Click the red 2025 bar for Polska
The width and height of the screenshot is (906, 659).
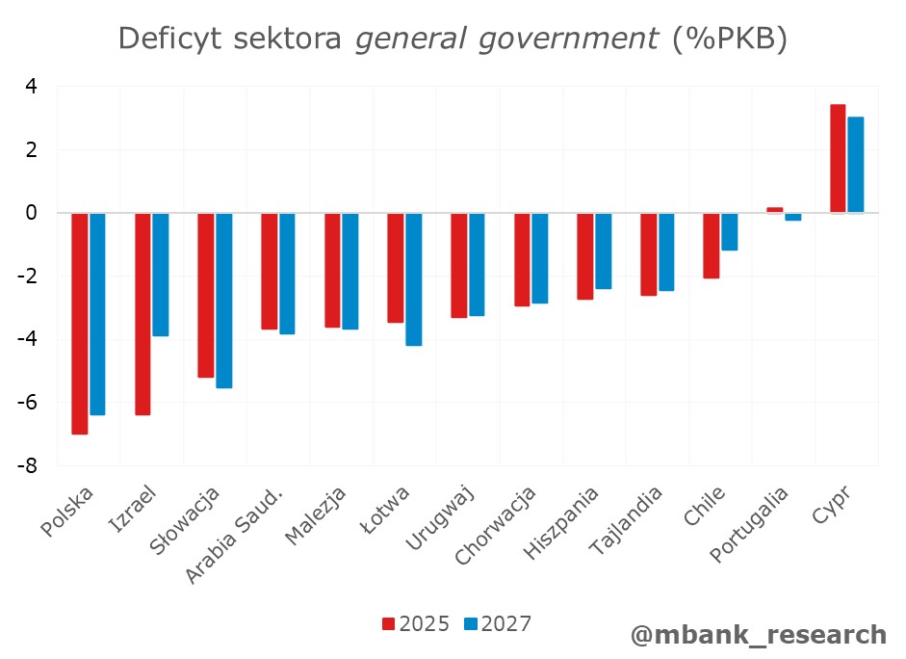[79, 323]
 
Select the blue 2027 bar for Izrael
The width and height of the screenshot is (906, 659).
[160, 275]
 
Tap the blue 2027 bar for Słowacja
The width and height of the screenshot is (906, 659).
[223, 301]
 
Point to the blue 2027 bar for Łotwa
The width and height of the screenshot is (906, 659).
[413, 279]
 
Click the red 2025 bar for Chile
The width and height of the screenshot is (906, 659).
[711, 246]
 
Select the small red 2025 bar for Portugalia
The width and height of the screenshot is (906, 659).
[774, 209]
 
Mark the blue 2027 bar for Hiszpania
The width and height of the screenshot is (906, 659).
[603, 250]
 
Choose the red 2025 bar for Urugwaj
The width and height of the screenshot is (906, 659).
[458, 265]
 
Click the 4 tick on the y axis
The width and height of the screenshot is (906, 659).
[31, 87]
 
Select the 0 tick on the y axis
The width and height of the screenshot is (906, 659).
[31, 213]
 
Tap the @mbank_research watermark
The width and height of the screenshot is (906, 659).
[758, 634]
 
